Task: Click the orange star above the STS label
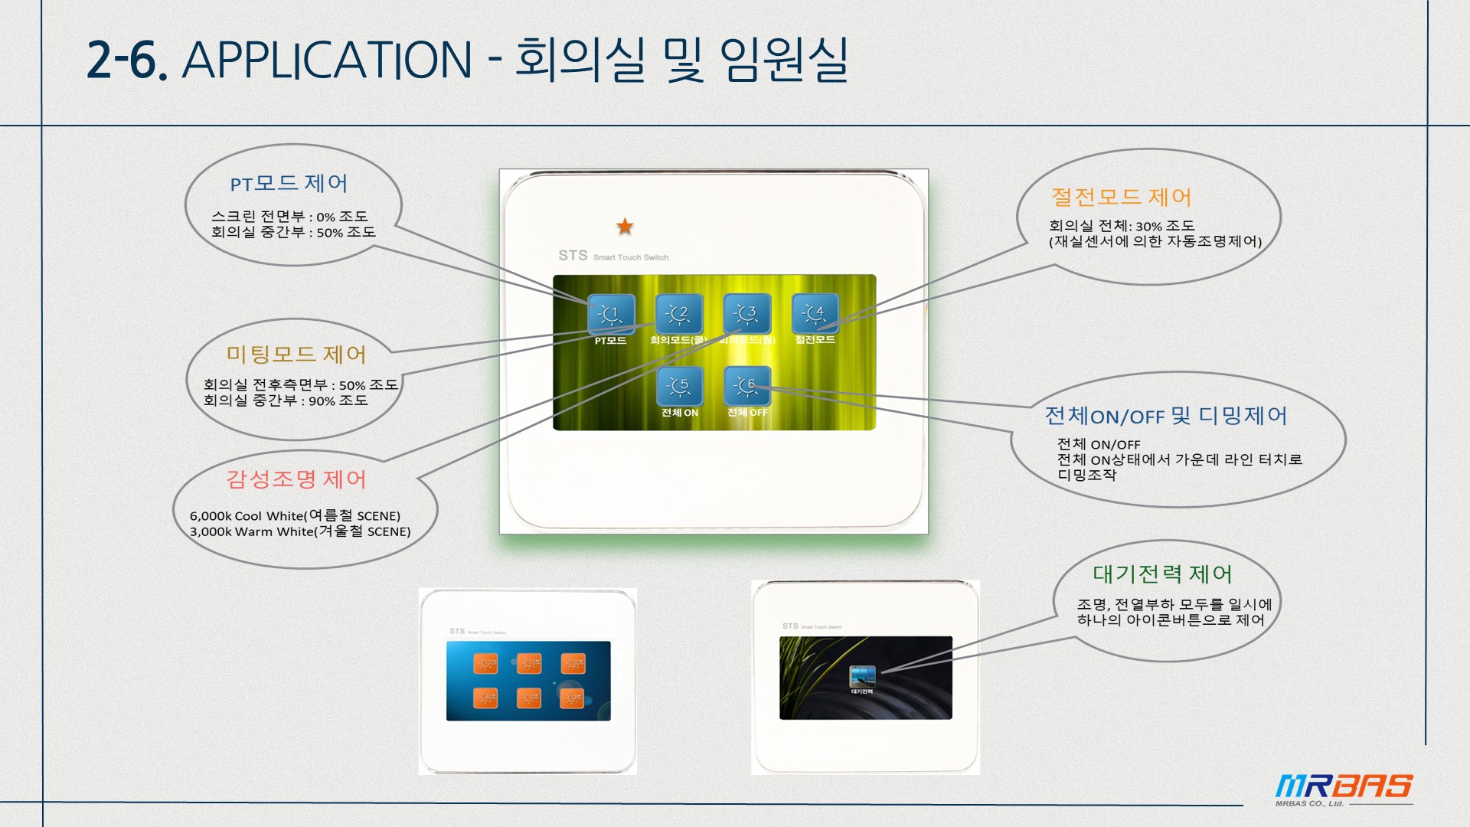pos(625,226)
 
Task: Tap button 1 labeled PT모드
pos(611,314)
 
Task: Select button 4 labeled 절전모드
pos(815,313)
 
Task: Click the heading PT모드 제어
pos(289,184)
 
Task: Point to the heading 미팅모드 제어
pos(296,355)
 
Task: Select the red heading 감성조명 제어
pos(296,479)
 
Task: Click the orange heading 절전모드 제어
pos(1121,198)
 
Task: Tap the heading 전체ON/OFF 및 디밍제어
pos(1165,416)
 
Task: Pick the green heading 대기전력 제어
pos(1161,574)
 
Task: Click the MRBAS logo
pos(1344,787)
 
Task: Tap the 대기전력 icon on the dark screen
pos(862,677)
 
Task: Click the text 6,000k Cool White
pos(247,516)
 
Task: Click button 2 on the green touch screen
pos(679,314)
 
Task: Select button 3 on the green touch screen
pos(747,314)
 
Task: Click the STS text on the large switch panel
pos(573,256)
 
